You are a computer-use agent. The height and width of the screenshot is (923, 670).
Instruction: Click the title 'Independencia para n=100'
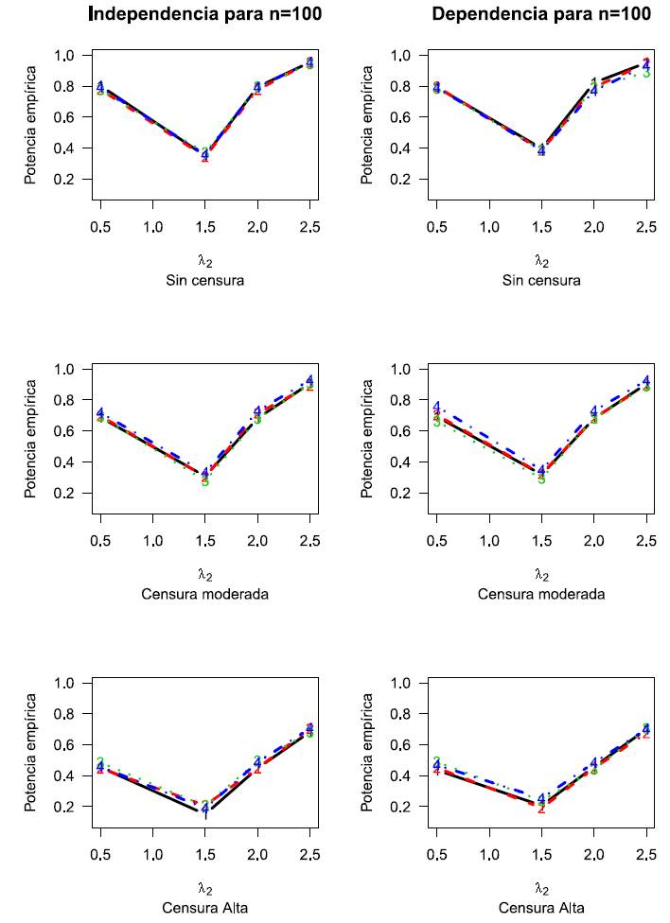tap(204, 13)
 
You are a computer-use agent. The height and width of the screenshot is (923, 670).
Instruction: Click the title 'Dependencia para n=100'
tap(540, 13)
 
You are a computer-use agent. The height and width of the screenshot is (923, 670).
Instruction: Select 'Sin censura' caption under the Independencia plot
tap(204, 280)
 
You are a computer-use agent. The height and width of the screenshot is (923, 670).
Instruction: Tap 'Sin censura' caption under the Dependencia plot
tap(541, 280)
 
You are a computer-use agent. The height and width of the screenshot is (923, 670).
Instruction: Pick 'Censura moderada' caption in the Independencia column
tap(204, 594)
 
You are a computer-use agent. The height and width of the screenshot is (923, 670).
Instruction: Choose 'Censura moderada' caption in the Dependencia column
tap(541, 594)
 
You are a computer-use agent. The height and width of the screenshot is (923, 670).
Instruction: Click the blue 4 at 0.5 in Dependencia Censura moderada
tap(437, 407)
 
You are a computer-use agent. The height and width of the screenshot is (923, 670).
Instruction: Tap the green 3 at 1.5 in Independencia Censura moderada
tap(204, 481)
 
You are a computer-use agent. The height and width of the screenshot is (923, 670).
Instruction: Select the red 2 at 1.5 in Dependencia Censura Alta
tap(541, 809)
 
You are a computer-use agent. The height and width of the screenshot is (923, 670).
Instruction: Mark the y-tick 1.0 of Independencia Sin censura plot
tap(63, 56)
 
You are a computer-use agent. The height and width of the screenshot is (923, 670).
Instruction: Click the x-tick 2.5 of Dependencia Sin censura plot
tap(645, 228)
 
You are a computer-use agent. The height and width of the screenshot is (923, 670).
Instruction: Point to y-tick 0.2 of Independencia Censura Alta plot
tap(63, 807)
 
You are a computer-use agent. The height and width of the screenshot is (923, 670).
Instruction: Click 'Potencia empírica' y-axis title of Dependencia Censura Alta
tap(368, 744)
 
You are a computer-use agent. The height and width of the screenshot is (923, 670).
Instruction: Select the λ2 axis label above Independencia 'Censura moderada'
tap(204, 573)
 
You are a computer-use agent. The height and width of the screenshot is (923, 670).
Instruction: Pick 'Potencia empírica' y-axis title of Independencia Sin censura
tap(31, 118)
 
